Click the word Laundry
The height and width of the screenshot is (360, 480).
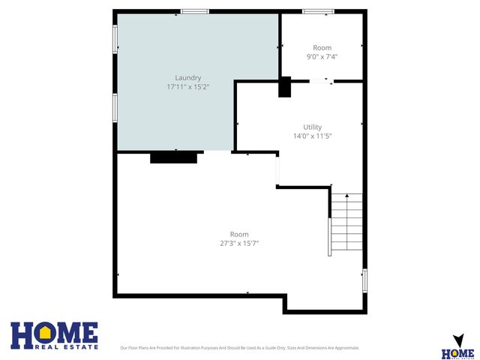[187, 78]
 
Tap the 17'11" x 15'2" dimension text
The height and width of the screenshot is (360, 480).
[187, 88]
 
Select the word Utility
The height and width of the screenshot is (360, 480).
[312, 127]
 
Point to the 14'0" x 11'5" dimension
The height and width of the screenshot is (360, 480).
[312, 136]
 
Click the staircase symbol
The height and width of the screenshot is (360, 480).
[346, 223]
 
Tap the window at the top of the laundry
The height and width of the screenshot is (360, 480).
[194, 11]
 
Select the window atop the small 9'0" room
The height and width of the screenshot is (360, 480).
[318, 11]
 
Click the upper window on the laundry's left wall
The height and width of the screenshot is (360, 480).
[115, 39]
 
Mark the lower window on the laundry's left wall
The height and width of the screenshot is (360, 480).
[115, 106]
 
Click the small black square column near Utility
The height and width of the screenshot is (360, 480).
[284, 87]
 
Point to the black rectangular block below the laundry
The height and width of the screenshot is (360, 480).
[173, 157]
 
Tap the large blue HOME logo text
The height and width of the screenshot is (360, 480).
[54, 333]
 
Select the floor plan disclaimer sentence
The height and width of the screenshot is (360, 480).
[239, 348]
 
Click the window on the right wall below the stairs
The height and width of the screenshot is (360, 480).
[365, 280]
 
